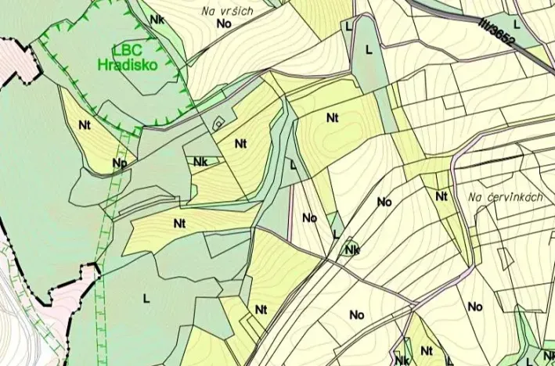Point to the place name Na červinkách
point(507,197)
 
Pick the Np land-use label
point(119,163)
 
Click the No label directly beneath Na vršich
point(225,23)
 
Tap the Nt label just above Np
point(85,124)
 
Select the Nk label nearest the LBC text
point(157,19)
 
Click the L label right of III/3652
point(517,25)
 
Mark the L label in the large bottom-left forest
point(146,297)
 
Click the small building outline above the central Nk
point(219,122)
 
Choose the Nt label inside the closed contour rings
point(333,118)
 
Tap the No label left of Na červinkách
point(384,202)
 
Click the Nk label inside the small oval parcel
point(351,250)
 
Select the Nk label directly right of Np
point(200,162)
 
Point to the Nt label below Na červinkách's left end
point(442,196)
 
